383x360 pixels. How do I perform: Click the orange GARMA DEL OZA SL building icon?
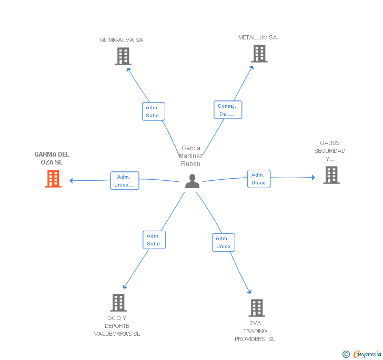53,179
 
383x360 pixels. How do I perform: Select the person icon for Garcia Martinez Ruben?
192,181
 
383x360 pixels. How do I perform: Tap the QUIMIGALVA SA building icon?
123,56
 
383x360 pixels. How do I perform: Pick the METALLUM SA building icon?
259,54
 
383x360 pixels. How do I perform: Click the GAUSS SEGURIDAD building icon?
331,175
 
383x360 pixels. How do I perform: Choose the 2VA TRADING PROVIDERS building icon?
257,308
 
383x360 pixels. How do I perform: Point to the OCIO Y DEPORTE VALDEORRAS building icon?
118,303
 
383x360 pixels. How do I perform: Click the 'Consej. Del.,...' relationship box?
228,110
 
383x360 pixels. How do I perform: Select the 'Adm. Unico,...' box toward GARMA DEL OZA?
125,181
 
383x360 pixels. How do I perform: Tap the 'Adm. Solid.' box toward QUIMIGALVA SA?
154,111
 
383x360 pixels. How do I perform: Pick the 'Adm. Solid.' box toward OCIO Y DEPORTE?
154,240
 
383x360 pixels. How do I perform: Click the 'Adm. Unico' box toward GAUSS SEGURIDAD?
259,179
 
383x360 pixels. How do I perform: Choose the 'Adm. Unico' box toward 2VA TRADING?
224,242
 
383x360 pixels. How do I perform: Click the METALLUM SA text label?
257,37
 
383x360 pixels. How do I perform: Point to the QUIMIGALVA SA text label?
122,40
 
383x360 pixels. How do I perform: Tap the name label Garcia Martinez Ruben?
191,156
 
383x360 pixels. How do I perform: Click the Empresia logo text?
367,354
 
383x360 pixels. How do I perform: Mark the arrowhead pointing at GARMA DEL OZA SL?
71,181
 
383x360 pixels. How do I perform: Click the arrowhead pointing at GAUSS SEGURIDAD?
314,178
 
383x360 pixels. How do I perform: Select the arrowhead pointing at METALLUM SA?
252,68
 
